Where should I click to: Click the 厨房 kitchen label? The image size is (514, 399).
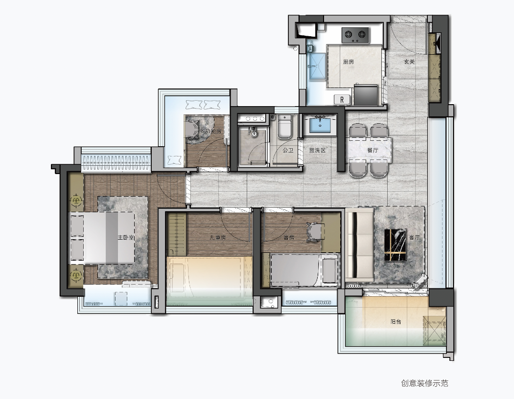pos(349,62)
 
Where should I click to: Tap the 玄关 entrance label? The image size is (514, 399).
pos(409,62)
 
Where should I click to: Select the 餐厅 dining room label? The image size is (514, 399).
pos(373,151)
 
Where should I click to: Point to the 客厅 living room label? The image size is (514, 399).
pos(415,238)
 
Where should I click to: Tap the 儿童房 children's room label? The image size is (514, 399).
pos(217,238)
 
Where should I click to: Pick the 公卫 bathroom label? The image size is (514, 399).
pos(288,151)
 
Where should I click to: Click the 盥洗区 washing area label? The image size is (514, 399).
pos(317,151)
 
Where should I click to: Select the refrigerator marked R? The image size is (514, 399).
pos(342,99)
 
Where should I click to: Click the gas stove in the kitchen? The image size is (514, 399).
pos(355,35)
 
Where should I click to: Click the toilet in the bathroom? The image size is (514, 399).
pos(284,127)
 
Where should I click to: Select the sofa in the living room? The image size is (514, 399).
pos(359,244)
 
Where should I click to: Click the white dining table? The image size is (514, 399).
pos(371,149)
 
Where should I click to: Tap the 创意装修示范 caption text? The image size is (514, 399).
pos(424,383)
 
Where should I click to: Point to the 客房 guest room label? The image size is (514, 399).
pos(289,238)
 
